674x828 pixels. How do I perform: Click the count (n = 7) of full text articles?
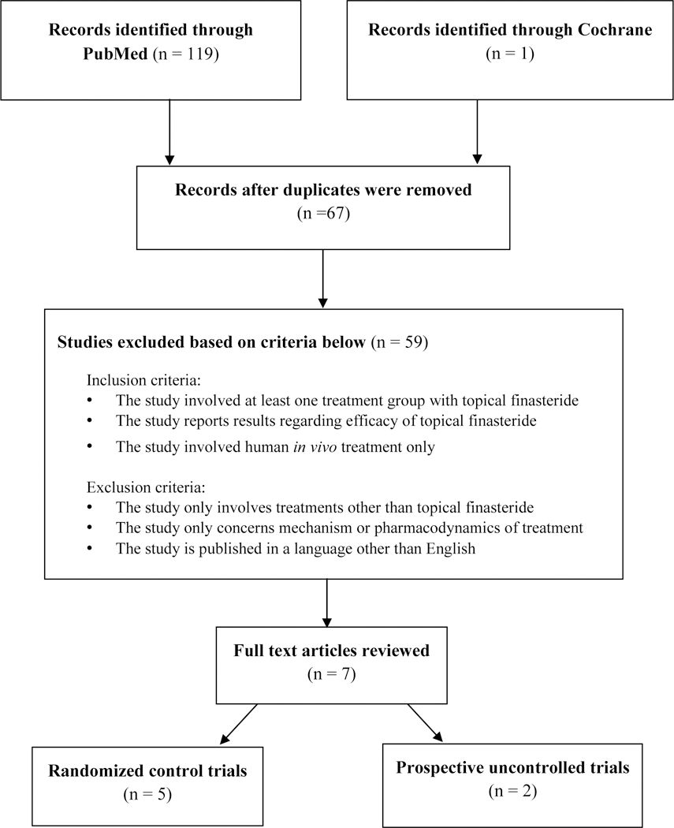tap(325, 675)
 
